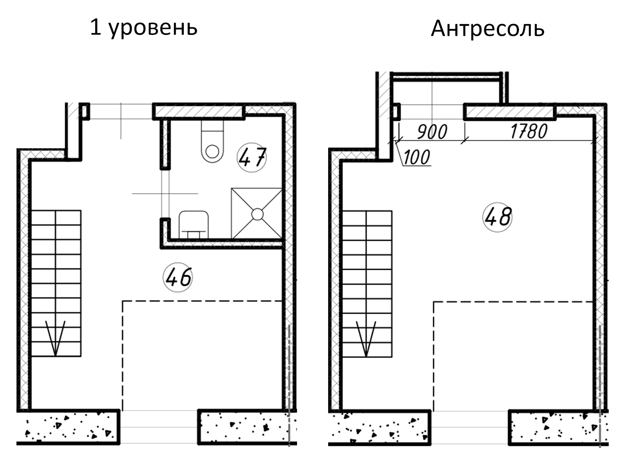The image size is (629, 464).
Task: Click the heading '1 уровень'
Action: click(x=144, y=28)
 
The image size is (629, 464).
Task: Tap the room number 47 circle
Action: click(x=252, y=158)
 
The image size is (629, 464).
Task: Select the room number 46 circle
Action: click(x=178, y=278)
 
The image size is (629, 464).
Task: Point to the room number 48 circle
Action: click(x=497, y=217)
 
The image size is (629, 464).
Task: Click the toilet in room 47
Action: click(x=212, y=143)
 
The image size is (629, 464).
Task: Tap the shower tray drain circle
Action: click(x=257, y=214)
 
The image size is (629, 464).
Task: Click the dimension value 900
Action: click(x=432, y=132)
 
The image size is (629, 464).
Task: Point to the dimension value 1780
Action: click(x=529, y=132)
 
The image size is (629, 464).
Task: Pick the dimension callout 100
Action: click(x=417, y=158)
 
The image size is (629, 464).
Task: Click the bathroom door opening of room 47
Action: click(x=165, y=194)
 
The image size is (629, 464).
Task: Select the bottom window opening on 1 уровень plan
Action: click(x=159, y=427)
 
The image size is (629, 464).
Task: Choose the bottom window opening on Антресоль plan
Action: click(x=470, y=427)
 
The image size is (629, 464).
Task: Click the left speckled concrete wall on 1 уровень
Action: click(x=68, y=427)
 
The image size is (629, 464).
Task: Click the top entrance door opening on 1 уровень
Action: click(x=121, y=111)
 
